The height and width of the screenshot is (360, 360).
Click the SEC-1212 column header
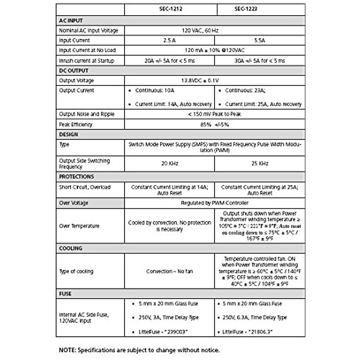point(170,9)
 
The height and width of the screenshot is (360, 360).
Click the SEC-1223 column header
point(246,9)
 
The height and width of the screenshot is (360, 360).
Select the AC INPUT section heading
point(71,21)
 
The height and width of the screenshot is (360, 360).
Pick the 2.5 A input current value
point(169,40)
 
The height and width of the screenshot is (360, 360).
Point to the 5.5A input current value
point(259,40)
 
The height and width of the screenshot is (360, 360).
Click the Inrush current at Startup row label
point(86,61)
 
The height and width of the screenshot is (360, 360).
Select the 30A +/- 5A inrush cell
point(259,61)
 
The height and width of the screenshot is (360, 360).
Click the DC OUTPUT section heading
point(73,71)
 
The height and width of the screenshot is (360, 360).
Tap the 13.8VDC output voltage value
point(200,81)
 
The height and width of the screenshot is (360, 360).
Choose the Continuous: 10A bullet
point(154,90)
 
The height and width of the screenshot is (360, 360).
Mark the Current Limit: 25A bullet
point(263,104)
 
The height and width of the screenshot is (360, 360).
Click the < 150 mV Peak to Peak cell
point(214,114)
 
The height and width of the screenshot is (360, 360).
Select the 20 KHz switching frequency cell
point(170,164)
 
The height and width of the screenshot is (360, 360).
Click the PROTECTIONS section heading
point(76,177)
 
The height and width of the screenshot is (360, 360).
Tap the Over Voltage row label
point(73,203)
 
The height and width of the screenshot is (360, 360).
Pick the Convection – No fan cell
point(169,271)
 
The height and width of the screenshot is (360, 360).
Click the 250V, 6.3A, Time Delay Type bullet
point(255,317)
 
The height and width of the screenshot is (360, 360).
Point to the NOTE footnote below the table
point(139,350)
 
